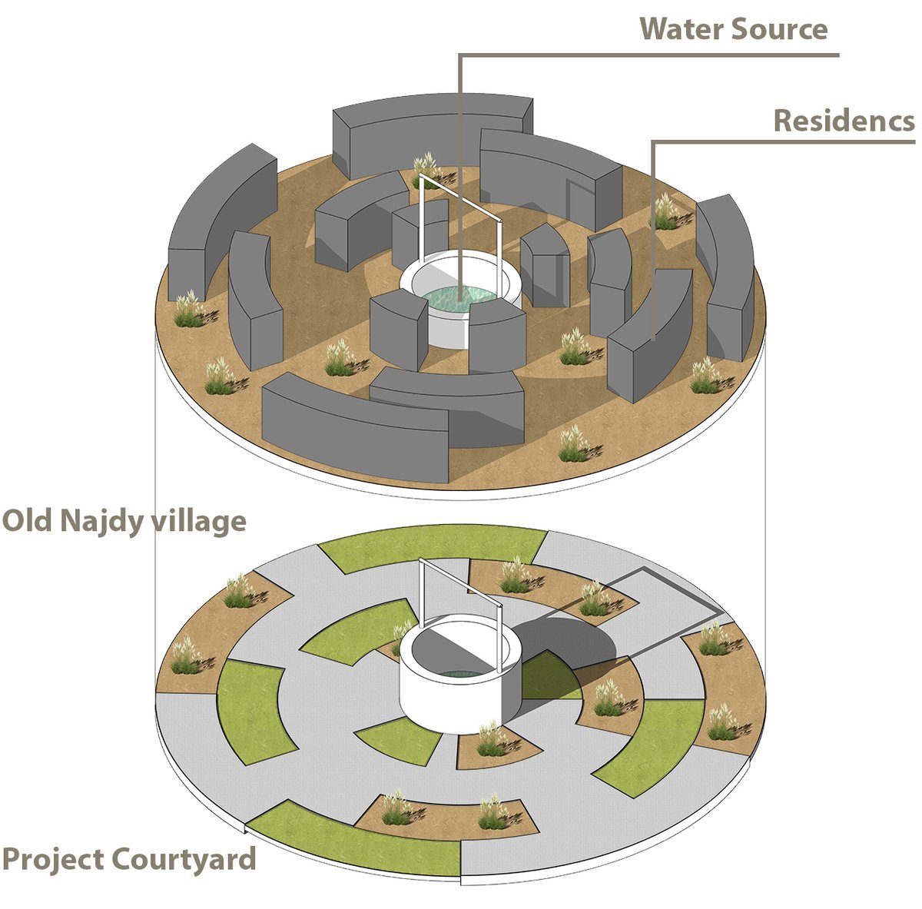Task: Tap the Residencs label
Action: (x=844, y=121)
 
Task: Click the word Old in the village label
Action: (x=27, y=521)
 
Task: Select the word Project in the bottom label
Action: (x=53, y=858)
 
